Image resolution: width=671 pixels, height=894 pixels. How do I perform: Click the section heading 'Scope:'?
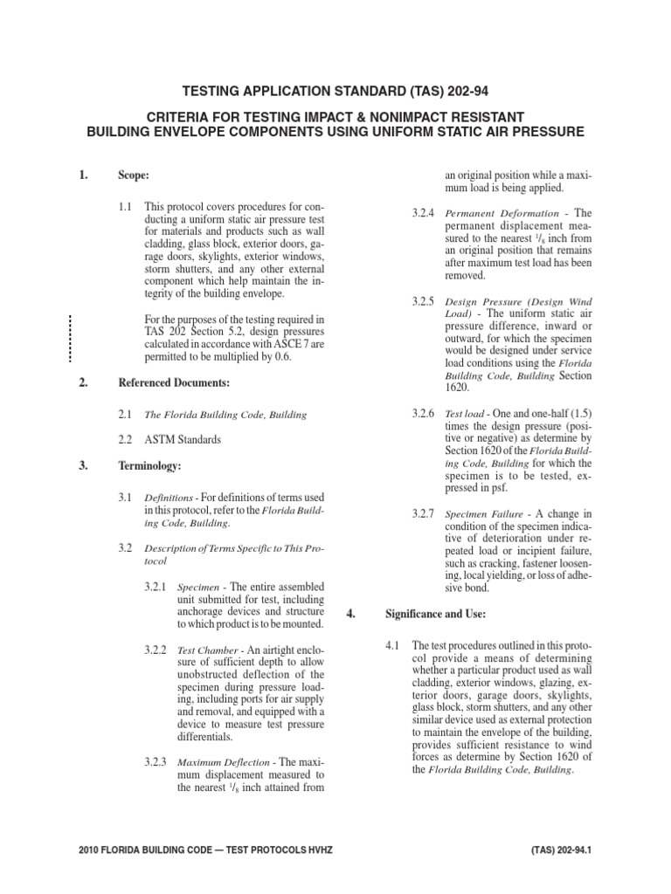coord(135,175)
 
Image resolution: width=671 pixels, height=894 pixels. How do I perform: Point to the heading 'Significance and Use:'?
coord(435,614)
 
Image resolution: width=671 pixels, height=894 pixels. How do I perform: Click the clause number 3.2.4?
coord(425,213)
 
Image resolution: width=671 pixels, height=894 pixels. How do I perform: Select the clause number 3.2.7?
coord(425,514)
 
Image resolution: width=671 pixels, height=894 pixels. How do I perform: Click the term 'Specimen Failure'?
coord(480,514)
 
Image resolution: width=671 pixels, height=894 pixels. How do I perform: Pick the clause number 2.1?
coord(125,415)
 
